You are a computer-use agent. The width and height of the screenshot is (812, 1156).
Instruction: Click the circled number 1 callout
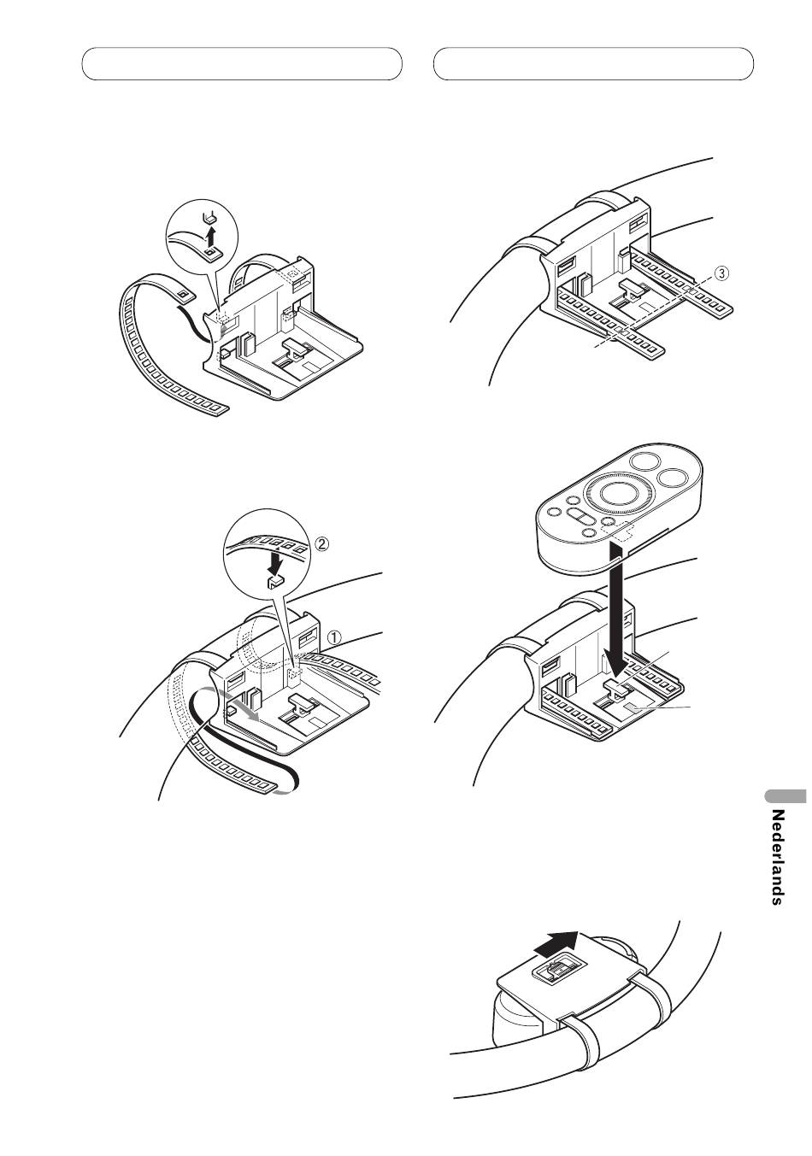point(334,638)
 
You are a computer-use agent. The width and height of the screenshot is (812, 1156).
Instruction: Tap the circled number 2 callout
point(321,543)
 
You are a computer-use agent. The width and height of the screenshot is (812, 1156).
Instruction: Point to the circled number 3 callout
point(723,273)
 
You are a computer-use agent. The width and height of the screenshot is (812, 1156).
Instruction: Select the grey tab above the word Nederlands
point(786,796)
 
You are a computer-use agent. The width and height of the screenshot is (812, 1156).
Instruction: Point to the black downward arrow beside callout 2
point(278,563)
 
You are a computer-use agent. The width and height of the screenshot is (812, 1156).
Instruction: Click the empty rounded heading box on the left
point(242,64)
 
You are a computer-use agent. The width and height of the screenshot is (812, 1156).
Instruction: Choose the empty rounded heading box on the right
point(593,64)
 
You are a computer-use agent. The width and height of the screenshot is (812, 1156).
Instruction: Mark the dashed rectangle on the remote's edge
point(617,533)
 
